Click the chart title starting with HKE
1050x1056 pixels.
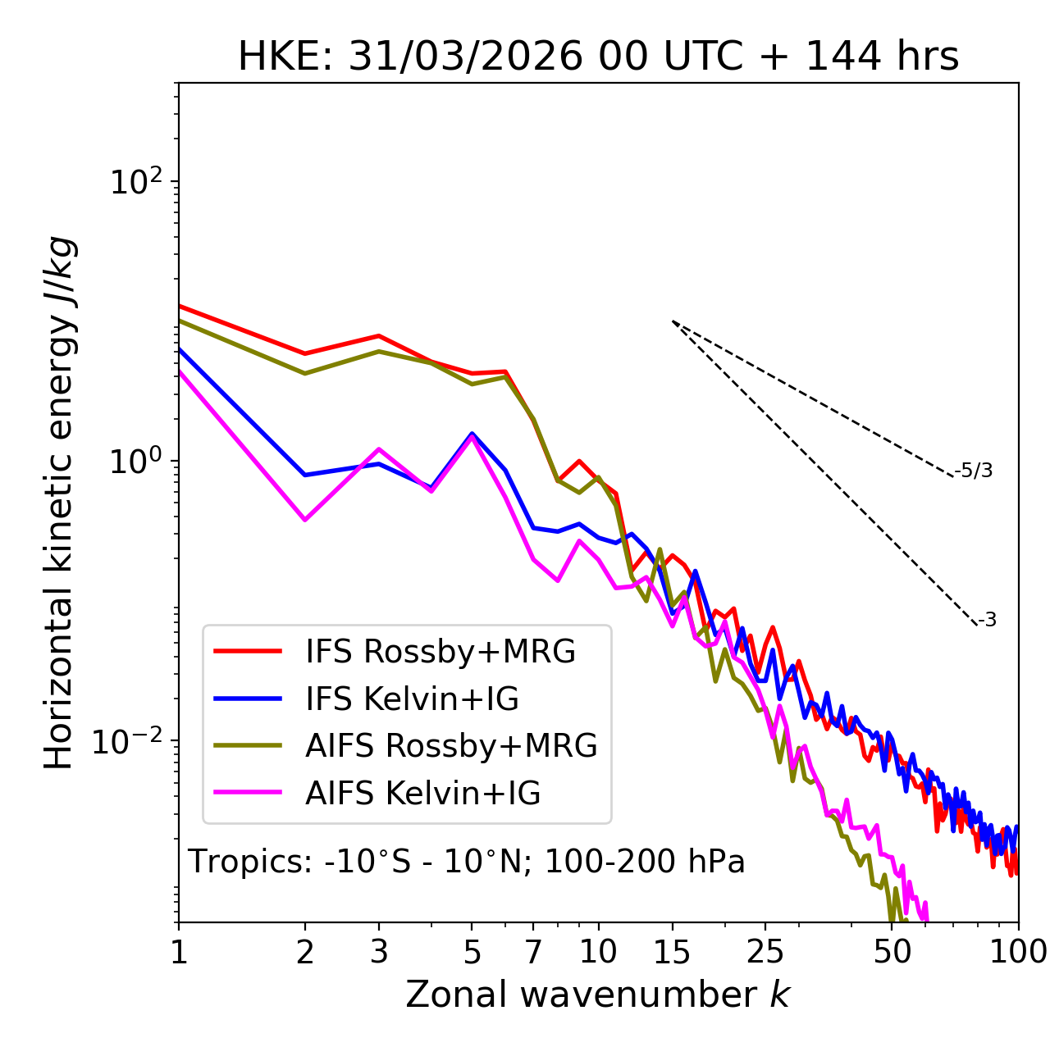(598, 57)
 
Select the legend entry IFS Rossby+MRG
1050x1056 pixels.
(440, 651)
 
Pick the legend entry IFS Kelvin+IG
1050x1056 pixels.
(412, 699)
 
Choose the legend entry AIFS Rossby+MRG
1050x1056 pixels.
(451, 746)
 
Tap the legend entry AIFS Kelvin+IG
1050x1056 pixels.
(422, 794)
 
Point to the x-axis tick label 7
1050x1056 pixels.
(533, 952)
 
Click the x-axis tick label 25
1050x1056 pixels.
(765, 952)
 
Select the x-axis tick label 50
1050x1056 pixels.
(892, 952)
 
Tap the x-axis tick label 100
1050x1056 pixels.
(1017, 952)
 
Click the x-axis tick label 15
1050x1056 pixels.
(672, 952)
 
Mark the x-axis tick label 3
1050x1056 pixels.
(379, 952)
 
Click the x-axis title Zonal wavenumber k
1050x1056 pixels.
(598, 995)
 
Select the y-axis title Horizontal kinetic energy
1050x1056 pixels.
(59, 503)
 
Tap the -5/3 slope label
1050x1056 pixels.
(974, 471)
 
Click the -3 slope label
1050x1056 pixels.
(988, 620)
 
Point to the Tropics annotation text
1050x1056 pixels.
(467, 862)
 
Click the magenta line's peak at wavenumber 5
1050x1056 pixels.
(472, 438)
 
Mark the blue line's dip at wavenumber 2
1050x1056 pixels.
(305, 475)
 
